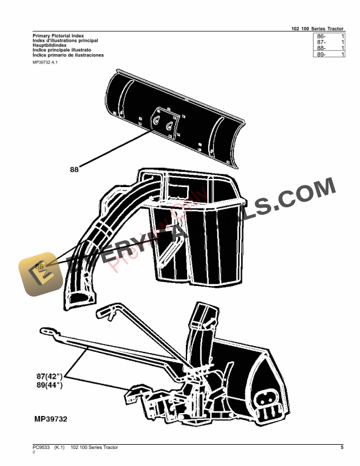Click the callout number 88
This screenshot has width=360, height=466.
click(74, 170)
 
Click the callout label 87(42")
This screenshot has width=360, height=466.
click(49, 375)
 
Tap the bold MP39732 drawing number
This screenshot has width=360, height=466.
click(51, 419)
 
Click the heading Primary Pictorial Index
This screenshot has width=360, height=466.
click(58, 36)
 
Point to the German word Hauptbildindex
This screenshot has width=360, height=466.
click(49, 45)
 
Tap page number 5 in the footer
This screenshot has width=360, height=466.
click(342, 448)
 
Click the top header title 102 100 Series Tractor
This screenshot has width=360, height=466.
click(318, 28)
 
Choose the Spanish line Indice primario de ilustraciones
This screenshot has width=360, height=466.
click(68, 55)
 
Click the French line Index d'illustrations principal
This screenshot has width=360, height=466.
click(65, 41)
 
